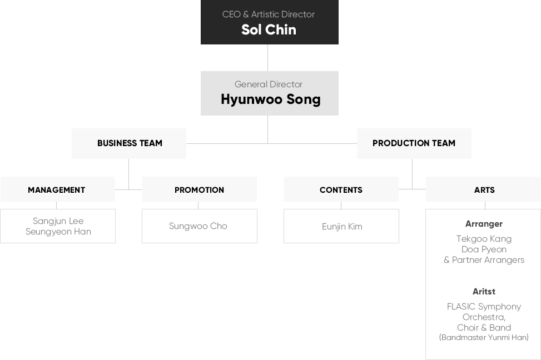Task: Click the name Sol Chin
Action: (269, 29)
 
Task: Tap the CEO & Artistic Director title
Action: (269, 14)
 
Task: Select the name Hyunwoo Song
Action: (270, 99)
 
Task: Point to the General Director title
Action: (269, 84)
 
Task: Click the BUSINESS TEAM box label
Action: (130, 143)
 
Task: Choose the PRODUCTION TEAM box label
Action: (414, 143)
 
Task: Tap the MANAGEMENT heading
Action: (57, 190)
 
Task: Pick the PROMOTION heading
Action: (199, 190)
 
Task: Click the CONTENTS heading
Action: (341, 190)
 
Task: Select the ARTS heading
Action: (484, 190)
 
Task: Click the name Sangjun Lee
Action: (58, 221)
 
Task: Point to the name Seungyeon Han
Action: (58, 232)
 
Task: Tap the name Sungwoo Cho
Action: (198, 226)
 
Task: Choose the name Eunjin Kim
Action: (342, 227)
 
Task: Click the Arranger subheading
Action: (484, 224)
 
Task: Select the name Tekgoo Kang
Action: (484, 239)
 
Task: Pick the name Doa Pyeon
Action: (484, 249)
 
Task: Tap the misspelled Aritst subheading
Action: (484, 292)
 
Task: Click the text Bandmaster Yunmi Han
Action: (484, 338)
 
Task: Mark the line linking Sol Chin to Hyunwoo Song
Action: (268, 58)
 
